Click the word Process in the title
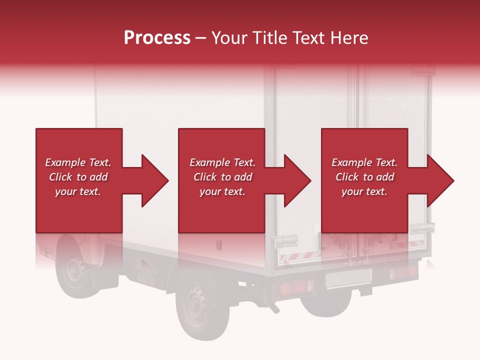tap(157, 38)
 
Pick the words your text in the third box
tap(364, 191)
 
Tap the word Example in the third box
tap(352, 162)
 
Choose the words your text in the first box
tap(77, 191)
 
